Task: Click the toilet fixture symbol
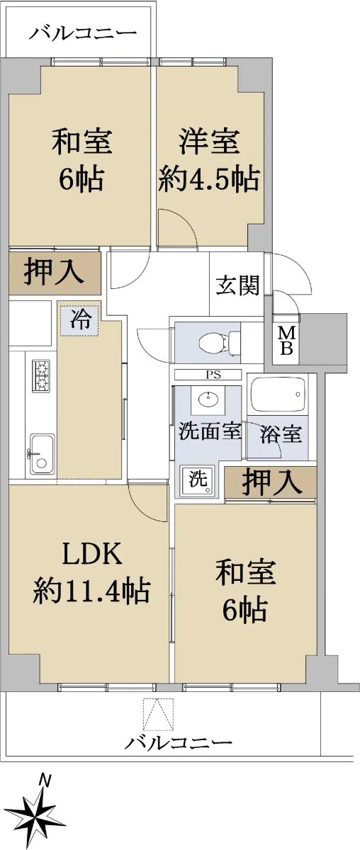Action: tap(220, 342)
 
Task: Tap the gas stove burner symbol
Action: tap(41, 376)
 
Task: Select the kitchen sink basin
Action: tap(42, 454)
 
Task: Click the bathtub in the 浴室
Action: tap(279, 395)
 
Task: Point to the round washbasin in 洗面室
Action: tap(208, 399)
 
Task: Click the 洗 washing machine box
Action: tap(198, 480)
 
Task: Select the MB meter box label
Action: tap(287, 341)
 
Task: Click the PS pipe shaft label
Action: tap(213, 375)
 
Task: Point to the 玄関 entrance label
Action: tap(238, 285)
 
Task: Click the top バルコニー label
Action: tap(83, 34)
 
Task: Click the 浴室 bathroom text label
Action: tap(281, 433)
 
